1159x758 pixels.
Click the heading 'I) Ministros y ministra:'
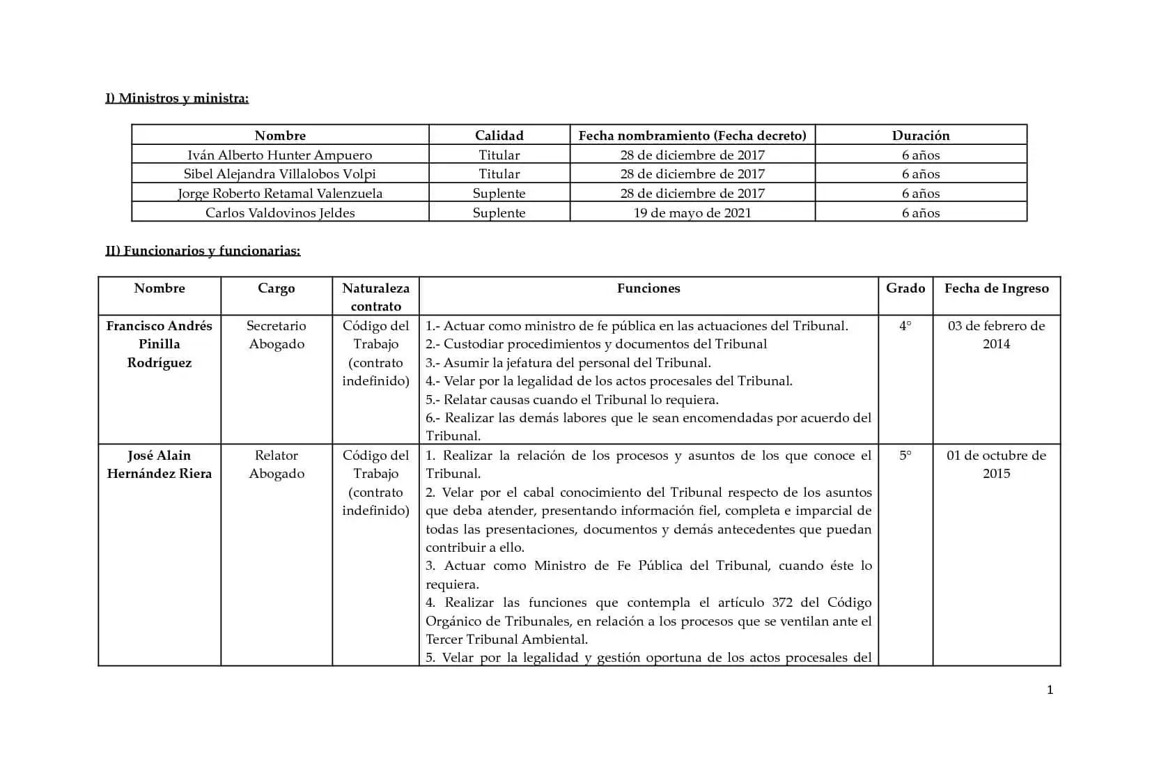177,98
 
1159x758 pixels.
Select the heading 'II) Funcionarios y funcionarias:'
203,251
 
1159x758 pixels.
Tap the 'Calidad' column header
499,135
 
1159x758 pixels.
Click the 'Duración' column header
920,135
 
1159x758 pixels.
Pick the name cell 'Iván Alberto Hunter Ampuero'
279,155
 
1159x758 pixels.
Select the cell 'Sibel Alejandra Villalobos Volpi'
279,173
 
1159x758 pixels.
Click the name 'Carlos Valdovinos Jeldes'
279,212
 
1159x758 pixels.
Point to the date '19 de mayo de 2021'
692,212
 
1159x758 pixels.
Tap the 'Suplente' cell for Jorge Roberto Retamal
499,193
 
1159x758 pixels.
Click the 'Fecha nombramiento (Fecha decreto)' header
692,135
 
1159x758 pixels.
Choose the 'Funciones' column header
648,288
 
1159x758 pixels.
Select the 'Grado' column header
905,288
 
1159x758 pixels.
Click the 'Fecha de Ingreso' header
996,288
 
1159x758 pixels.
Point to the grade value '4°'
905,326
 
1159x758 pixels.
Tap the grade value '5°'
905,456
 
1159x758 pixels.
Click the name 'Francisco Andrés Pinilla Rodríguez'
159,344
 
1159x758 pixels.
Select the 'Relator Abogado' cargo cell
277,464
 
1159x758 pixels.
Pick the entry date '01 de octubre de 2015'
996,464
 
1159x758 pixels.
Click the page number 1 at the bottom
1050,690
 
